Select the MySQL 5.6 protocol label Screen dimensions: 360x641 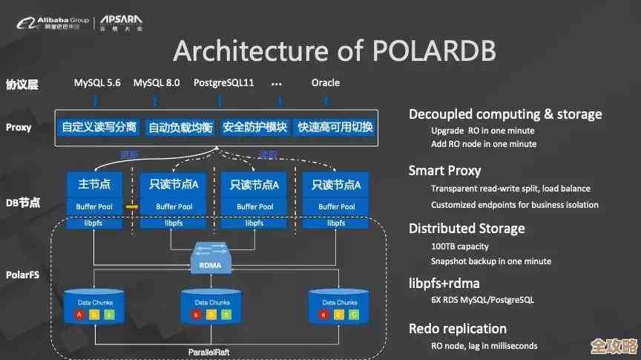point(97,83)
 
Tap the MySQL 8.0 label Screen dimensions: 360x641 point(157,83)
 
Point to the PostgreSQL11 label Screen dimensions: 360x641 point(223,83)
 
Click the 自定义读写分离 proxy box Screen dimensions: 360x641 point(99,127)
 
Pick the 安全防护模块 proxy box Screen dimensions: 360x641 point(254,127)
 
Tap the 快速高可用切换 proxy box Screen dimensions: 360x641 point(335,127)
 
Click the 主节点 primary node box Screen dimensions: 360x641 point(93,184)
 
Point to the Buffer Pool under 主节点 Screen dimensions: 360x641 point(93,206)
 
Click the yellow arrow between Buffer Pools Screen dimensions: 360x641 point(131,206)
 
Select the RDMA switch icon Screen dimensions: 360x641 point(212,256)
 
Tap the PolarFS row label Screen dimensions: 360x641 point(22,275)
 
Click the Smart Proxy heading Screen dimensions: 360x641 point(444,171)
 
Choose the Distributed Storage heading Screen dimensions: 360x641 point(467,229)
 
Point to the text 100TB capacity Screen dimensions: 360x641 point(460,246)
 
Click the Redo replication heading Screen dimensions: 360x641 point(457,328)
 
